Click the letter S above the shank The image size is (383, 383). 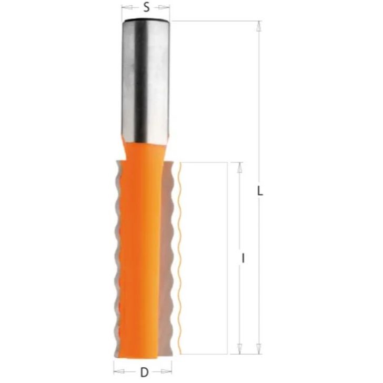click(146, 7)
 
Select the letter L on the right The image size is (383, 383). click(259, 191)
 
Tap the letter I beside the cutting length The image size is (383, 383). click(243, 258)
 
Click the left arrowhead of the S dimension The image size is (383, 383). click(124, 7)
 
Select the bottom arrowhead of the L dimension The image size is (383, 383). click(258, 349)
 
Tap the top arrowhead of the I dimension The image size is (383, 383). click(239, 166)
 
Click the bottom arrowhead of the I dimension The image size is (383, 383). click(239, 349)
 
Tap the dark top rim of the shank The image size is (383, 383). click(146, 20)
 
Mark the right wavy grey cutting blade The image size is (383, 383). click(171, 253)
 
